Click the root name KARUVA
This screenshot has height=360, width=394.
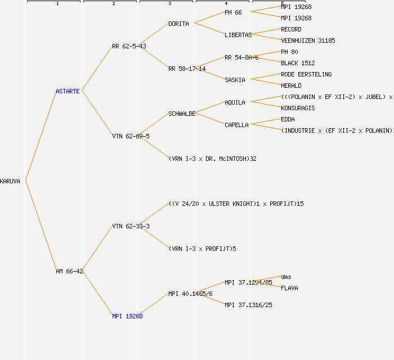tap(10, 181)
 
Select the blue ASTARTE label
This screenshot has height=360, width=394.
tap(68, 91)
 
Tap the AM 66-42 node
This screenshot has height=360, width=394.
tap(69, 271)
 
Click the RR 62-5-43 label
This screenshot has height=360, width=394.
tap(129, 46)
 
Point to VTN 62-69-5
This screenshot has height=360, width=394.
tap(131, 136)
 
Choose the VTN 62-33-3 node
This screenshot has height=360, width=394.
tap(131, 226)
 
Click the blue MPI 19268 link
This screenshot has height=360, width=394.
tap(127, 316)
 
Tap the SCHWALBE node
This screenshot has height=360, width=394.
tap(182, 114)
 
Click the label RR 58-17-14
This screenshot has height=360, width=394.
tap(187, 69)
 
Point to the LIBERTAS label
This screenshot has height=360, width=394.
tap(238, 35)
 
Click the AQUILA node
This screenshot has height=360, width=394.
tap(235, 102)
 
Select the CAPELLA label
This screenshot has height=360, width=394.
tap(236, 125)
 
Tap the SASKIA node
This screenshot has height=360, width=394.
tap(235, 80)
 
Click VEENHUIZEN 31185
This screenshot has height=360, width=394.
tap(308, 40)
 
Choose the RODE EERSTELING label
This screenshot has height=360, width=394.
tap(306, 74)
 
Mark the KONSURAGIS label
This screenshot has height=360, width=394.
tap(298, 108)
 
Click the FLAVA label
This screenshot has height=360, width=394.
tap(289, 288)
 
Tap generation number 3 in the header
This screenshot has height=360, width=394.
tap(169, 4)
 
